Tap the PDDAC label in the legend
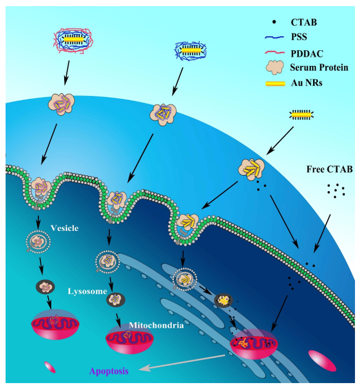tap(307, 52)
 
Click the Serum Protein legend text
tap(319, 67)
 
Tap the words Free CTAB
tap(329, 169)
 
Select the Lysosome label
tap(87, 291)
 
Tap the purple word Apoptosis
tap(109, 370)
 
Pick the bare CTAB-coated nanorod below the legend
tap(301, 115)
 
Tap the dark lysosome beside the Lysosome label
tap(116, 299)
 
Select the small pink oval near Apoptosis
tap(50, 367)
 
